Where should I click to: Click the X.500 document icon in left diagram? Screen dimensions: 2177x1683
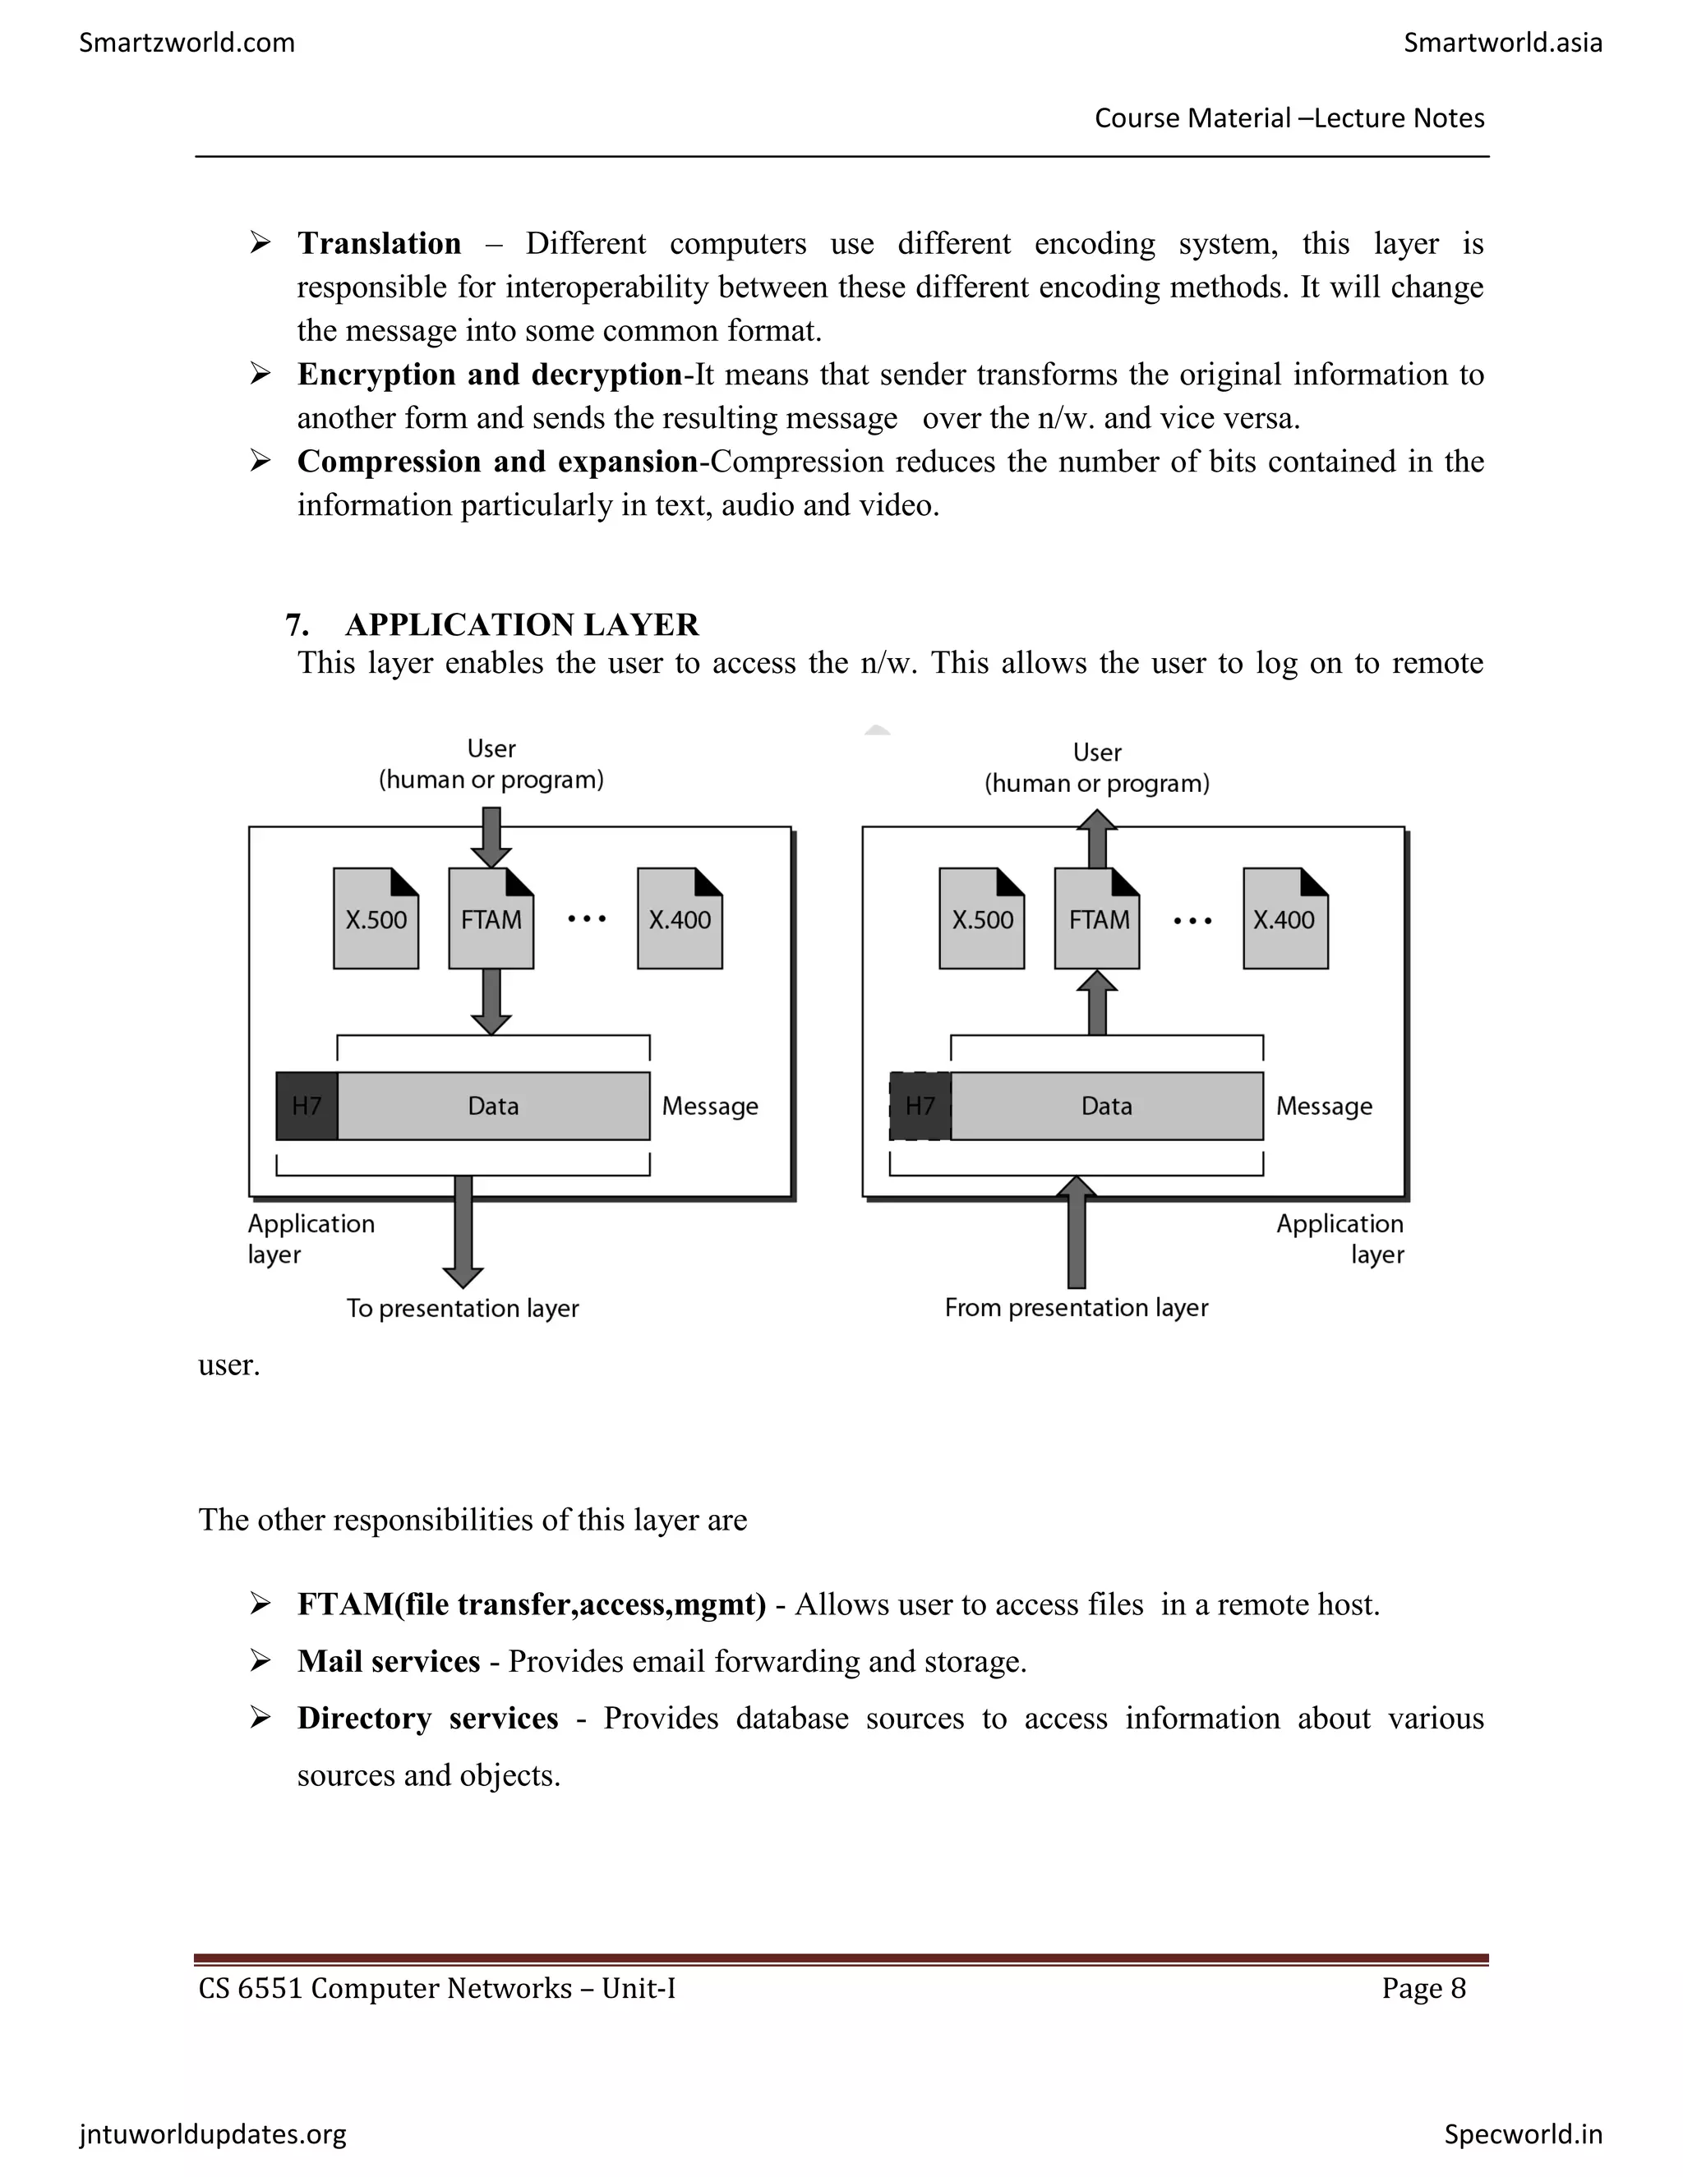click(376, 919)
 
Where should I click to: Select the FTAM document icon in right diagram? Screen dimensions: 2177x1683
click(1097, 919)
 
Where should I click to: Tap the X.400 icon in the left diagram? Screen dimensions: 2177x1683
click(680, 919)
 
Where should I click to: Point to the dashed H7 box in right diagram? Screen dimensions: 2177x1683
click(920, 1106)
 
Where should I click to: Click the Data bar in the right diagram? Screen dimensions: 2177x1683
click(1107, 1106)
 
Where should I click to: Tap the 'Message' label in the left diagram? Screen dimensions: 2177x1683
click(710, 1107)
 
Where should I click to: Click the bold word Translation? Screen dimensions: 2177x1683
click(379, 243)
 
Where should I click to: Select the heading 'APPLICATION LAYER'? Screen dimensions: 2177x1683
click(522, 625)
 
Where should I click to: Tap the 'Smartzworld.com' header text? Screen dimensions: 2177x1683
click(187, 43)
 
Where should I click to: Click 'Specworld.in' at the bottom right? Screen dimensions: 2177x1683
click(1523, 2134)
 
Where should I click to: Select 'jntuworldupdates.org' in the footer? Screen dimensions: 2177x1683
click(214, 2134)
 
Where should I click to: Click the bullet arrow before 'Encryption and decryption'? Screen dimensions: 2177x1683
click(261, 374)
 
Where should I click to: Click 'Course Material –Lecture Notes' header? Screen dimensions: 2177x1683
click(1289, 118)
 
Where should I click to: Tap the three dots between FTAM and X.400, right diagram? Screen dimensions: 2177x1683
click(1192, 920)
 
